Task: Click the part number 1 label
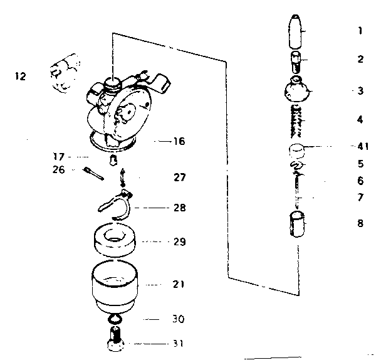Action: click(360, 30)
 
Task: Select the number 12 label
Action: click(20, 77)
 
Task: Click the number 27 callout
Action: click(180, 177)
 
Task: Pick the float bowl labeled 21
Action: click(117, 286)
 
